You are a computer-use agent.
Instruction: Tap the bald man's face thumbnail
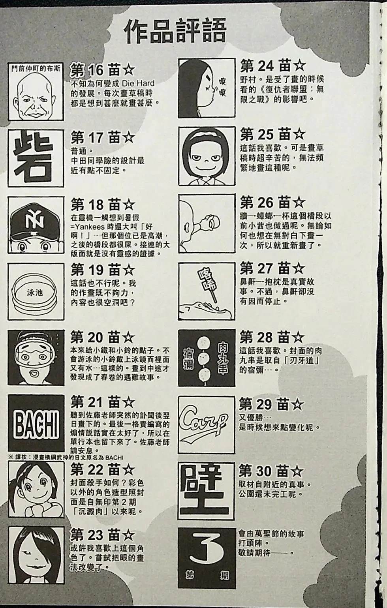pyautogui.click(x=36, y=97)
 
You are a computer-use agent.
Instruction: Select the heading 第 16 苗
pyautogui.click(x=102, y=70)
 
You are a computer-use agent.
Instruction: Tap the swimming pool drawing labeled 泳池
pyautogui.click(x=36, y=292)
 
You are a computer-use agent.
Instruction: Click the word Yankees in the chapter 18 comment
pyautogui.click(x=93, y=227)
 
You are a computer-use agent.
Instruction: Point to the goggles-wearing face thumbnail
pyautogui.click(x=36, y=357)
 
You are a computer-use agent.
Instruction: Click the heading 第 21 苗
pyautogui.click(x=102, y=402)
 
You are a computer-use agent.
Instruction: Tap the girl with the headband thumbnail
pyautogui.click(x=207, y=156)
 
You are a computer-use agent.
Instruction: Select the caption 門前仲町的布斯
pyautogui.click(x=36, y=68)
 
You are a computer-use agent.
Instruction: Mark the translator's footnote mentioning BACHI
pyautogui.click(x=66, y=458)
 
